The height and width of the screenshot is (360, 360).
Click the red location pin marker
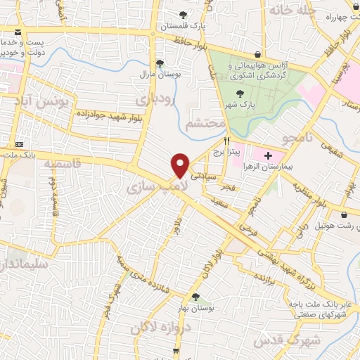(x=181, y=164)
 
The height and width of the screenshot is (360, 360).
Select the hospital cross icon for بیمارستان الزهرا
(x=268, y=154)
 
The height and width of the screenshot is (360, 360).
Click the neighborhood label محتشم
(x=205, y=122)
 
